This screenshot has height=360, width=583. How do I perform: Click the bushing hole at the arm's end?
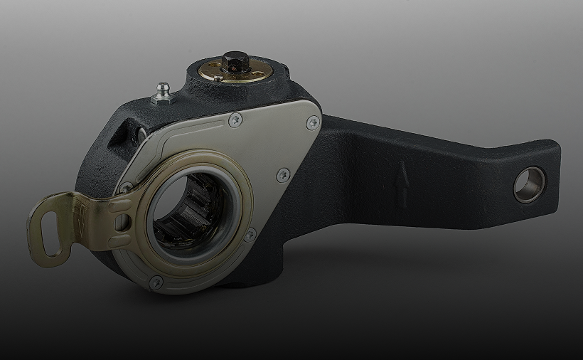click(x=529, y=185)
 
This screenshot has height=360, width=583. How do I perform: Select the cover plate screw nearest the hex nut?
click(x=234, y=122)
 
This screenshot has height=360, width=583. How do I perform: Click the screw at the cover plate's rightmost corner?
click(x=311, y=123)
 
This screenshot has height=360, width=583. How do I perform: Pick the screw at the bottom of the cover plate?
click(x=156, y=282)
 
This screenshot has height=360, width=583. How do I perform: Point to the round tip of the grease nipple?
click(x=162, y=85)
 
